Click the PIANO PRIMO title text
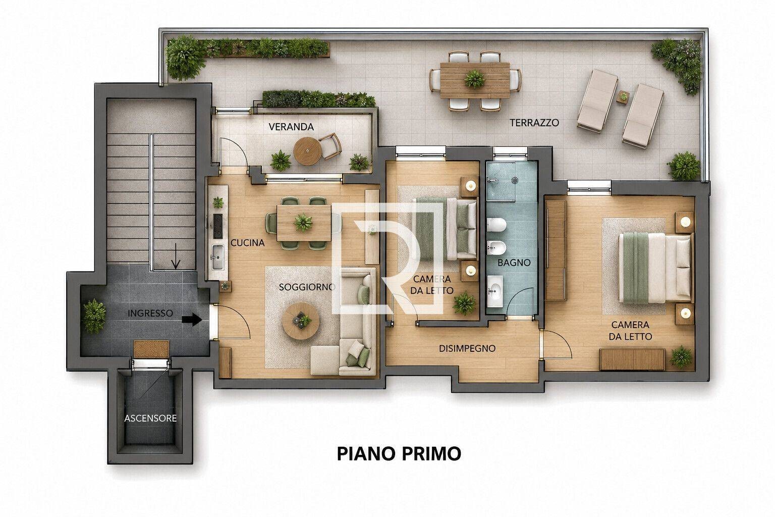click(399, 453)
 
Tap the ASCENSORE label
click(150, 419)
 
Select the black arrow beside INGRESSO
click(192, 319)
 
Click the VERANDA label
click(291, 127)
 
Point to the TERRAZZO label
click(534, 123)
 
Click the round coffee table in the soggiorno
click(300, 321)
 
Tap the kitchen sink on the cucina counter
click(217, 257)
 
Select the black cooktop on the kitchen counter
click(217, 226)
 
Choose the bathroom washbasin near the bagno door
click(495, 291)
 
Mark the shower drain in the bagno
click(515, 180)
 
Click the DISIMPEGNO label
click(467, 348)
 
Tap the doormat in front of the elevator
click(151, 349)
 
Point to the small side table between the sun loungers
click(623, 96)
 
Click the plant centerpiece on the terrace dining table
click(475, 79)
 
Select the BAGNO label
click(514, 263)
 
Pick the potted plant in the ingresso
click(94, 316)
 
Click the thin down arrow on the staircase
click(176, 256)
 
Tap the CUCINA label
click(248, 243)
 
